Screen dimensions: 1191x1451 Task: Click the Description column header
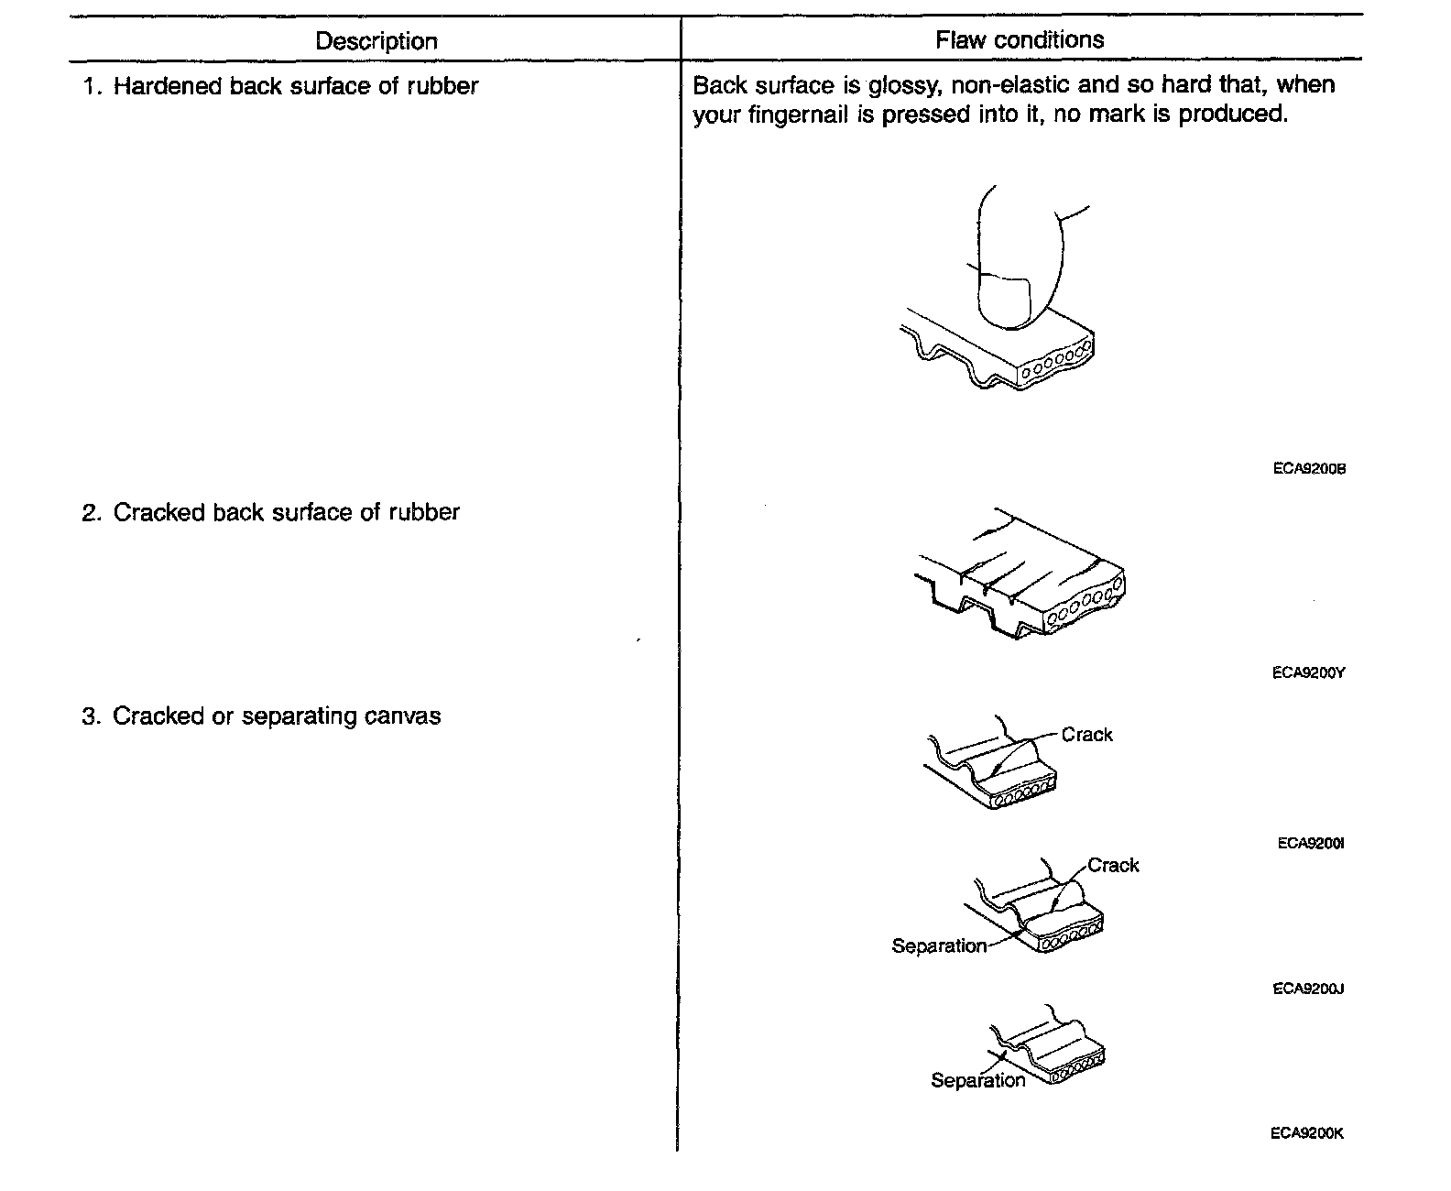point(376,41)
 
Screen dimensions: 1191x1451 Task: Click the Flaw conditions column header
point(1020,39)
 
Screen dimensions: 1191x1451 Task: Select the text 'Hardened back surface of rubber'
point(295,86)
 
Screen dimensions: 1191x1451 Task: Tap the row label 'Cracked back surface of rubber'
point(286,512)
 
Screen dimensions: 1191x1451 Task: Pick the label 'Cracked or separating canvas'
point(276,716)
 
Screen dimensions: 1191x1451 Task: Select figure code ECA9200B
point(1308,469)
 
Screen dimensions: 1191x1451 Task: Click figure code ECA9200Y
point(1308,672)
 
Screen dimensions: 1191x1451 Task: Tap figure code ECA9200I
point(1310,843)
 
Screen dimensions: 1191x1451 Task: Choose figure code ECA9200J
point(1308,989)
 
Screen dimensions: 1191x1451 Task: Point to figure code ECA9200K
point(1307,1132)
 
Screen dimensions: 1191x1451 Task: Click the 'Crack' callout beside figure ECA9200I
point(1086,735)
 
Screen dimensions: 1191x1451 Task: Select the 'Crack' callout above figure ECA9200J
point(1113,866)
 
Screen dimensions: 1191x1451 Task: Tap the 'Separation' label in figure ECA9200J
point(939,946)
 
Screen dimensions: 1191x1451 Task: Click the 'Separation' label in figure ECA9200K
point(977,1080)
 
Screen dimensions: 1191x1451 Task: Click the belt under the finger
point(998,353)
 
